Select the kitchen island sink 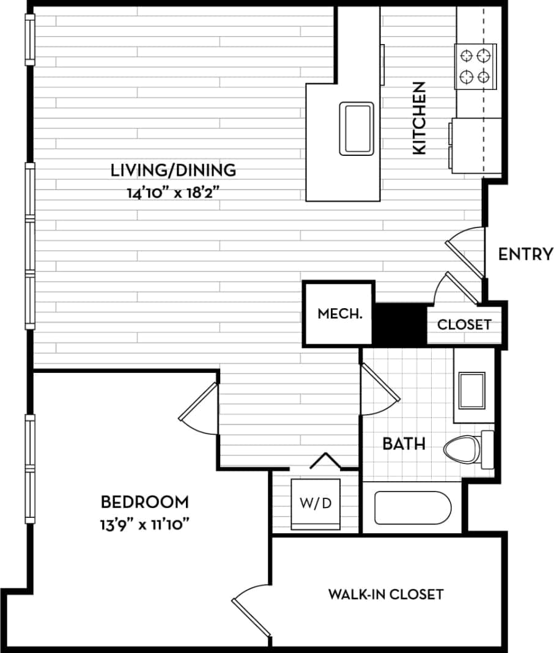356,129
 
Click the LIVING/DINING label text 173,169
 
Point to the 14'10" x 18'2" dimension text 173,194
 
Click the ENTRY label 525,254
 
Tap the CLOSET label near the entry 464,324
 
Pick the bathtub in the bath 413,507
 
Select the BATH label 404,443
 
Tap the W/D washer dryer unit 316,504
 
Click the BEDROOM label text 145,502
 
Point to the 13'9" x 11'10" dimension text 145,525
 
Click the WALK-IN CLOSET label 386,594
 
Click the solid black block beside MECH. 399,323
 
